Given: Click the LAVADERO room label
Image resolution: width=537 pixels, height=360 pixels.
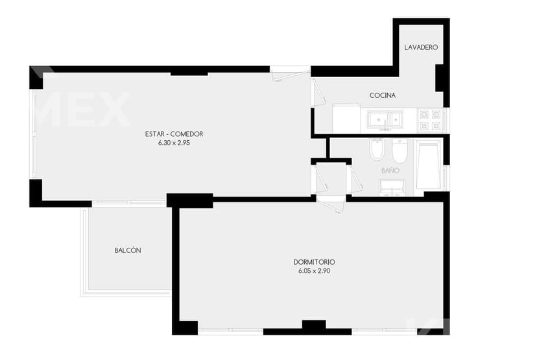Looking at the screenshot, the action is (x=421, y=47).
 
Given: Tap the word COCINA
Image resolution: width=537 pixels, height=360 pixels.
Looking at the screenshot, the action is (x=383, y=95).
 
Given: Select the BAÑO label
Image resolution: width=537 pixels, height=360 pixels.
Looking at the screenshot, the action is (x=390, y=170).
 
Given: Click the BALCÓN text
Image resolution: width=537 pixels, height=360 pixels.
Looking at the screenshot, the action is (x=128, y=250).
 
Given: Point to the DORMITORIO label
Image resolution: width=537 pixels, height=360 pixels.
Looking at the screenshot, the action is (x=315, y=262).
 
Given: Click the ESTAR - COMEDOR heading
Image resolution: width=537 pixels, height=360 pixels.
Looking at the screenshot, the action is (x=174, y=134).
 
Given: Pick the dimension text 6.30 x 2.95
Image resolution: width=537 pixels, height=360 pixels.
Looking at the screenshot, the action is (x=174, y=143).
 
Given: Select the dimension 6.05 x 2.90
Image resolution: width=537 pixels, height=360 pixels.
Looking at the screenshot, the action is (x=315, y=271).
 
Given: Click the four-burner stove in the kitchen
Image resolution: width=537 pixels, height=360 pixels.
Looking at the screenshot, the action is (x=430, y=120).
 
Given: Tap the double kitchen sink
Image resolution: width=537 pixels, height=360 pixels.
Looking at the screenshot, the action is (x=385, y=119).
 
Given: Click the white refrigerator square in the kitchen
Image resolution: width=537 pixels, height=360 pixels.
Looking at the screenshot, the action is (x=346, y=119).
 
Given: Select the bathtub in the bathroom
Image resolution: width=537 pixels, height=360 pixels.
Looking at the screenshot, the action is (x=428, y=164).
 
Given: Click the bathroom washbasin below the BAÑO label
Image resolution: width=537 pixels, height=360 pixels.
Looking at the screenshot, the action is (x=392, y=187).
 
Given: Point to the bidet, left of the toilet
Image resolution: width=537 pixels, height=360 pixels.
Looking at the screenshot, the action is (x=377, y=150).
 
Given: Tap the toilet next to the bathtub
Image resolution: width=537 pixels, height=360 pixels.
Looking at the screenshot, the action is (x=399, y=150).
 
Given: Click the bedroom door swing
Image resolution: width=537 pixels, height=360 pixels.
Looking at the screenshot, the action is (x=331, y=205).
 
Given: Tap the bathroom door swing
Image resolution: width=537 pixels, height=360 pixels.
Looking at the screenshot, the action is (x=355, y=178).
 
